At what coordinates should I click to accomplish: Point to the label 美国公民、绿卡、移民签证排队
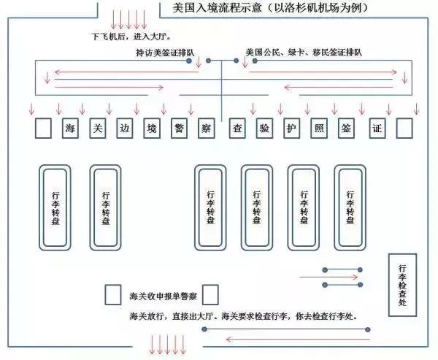tap(304, 53)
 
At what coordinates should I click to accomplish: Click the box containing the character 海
tap(70, 129)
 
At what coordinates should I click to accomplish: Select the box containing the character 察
tap(206, 129)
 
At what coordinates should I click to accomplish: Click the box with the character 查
tap(237, 129)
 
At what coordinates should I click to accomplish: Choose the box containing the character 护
tap(291, 129)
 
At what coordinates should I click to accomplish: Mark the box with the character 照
tap(319, 129)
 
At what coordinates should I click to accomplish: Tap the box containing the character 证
tap(377, 129)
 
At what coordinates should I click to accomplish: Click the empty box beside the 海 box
tap(43, 129)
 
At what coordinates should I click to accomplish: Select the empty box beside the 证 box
tap(404, 129)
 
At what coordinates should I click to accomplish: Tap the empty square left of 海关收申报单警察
tap(113, 294)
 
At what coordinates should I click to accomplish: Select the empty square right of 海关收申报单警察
tap(210, 294)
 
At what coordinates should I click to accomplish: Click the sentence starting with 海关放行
tap(253, 315)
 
